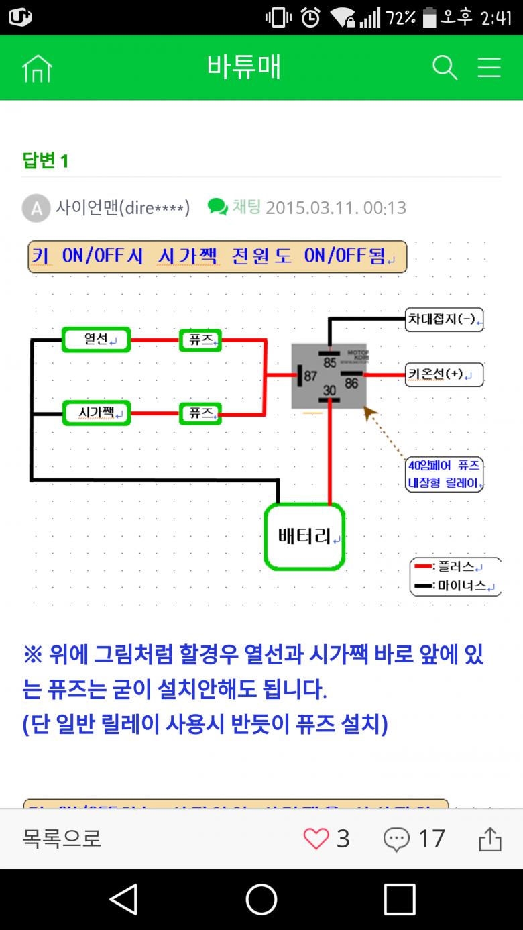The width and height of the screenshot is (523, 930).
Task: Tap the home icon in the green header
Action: [37, 68]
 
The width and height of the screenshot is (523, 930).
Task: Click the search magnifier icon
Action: [445, 68]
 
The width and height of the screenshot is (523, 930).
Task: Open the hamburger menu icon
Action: [489, 68]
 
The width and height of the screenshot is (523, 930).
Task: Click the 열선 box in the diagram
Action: [96, 340]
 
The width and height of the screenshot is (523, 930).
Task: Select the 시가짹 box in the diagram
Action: [96, 413]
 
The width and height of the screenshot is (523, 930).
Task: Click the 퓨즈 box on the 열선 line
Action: [200, 340]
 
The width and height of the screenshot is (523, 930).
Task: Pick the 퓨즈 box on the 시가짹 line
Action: [200, 413]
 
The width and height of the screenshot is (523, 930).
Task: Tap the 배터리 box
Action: [304, 536]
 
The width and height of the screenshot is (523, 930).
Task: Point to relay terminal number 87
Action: [310, 376]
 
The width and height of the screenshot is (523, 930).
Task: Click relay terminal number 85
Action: [329, 362]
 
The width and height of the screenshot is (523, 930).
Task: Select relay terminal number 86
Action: [351, 383]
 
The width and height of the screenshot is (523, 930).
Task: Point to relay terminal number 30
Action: [329, 391]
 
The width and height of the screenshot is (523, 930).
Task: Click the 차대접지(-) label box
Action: [444, 319]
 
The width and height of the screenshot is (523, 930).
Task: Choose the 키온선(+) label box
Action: [444, 374]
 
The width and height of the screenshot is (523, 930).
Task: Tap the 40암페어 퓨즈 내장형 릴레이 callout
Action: [444, 474]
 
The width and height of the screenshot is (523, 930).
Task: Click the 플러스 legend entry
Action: [455, 567]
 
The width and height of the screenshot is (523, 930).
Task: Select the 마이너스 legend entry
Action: [455, 585]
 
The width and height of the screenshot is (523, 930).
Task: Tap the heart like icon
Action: [316, 839]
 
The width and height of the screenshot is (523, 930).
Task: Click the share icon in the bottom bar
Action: [490, 839]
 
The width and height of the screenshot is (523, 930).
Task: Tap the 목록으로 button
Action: [62, 839]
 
